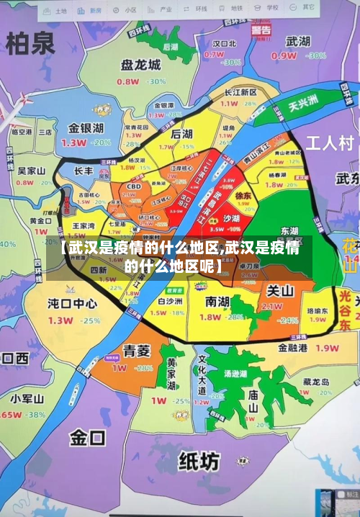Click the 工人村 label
(330, 142)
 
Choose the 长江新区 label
(240, 92)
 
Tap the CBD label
(133, 186)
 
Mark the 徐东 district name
(243, 194)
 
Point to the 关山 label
(280, 292)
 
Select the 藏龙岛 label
(315, 382)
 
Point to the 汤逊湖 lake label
(235, 374)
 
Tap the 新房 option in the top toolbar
(92, 11)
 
